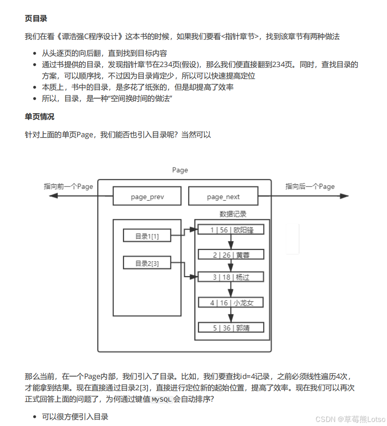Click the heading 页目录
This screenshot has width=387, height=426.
pyautogui.click(x=36, y=19)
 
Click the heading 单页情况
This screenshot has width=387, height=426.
pyautogui.click(x=39, y=117)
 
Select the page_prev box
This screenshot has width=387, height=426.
pyautogui.click(x=147, y=196)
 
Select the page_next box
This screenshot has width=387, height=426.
pyautogui.click(x=223, y=196)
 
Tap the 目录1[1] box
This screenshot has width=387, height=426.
pyautogui.click(x=147, y=236)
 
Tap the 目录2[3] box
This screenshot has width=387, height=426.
pyautogui.click(x=147, y=263)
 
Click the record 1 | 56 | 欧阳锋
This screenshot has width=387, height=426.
pyautogui.click(x=231, y=230)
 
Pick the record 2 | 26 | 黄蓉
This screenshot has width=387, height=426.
pyautogui.click(x=231, y=255)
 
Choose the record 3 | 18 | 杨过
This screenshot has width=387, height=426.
pyautogui.click(x=231, y=277)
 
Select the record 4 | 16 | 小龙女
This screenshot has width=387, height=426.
pyautogui.click(x=231, y=302)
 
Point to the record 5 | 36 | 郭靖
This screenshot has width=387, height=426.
pyautogui.click(x=231, y=328)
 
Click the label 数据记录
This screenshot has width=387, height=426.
pyautogui.click(x=233, y=214)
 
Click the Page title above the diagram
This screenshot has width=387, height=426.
pyautogui.click(x=180, y=170)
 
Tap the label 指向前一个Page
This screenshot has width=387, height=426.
pyautogui.click(x=68, y=186)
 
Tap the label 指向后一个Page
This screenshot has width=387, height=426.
pyautogui.click(x=310, y=186)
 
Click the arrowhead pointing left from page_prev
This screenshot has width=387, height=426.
pyautogui.click(x=53, y=196)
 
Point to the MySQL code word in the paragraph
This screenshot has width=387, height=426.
pyautogui.click(x=161, y=400)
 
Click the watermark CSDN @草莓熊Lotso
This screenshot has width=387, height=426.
pyautogui.click(x=350, y=419)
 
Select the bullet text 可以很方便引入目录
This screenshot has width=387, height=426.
pyautogui.click(x=75, y=416)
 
